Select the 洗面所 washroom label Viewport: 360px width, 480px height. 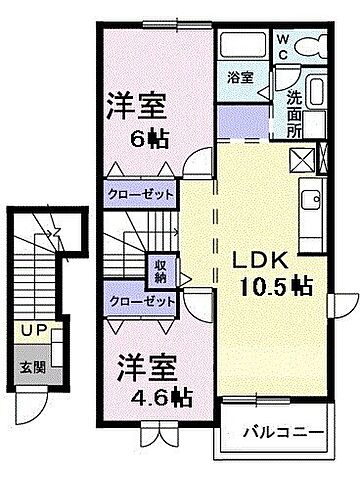[x=296, y=112]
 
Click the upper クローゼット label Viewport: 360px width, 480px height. [x=141, y=195]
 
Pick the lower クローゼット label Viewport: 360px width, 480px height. [x=141, y=300]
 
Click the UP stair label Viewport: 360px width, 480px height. [x=31, y=329]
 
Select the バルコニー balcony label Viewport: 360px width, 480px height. [x=283, y=434]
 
